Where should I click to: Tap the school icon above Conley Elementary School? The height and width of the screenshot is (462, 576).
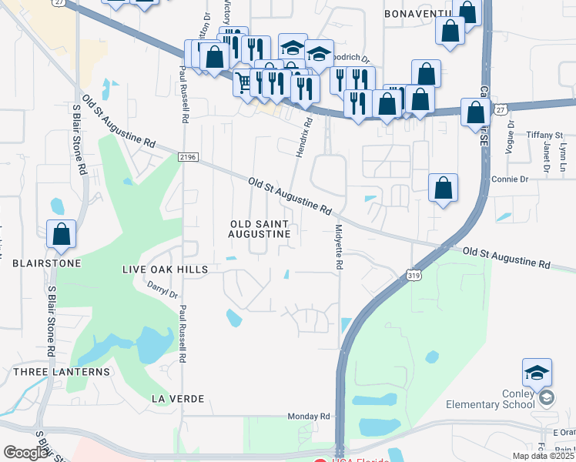click(537, 374)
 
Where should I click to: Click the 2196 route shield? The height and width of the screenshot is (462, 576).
click(187, 157)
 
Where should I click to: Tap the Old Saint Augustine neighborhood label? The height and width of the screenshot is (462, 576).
click(261, 228)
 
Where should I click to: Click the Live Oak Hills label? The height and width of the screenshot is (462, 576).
click(165, 269)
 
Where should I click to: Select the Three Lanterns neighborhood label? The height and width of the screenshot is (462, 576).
click(62, 372)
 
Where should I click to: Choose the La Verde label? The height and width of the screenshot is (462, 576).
click(178, 398)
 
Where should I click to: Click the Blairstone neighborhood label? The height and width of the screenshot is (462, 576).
click(47, 263)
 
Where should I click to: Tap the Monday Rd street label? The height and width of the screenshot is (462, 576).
click(309, 417)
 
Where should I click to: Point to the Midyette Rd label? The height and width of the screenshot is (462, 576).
click(339, 246)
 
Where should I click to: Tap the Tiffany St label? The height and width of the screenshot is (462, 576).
click(545, 135)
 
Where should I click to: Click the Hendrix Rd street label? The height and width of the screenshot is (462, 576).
click(304, 137)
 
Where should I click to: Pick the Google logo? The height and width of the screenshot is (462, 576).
click(25, 453)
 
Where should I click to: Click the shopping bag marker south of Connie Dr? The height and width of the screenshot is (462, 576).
click(443, 189)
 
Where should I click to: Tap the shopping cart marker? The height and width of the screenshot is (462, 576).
click(244, 82)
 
